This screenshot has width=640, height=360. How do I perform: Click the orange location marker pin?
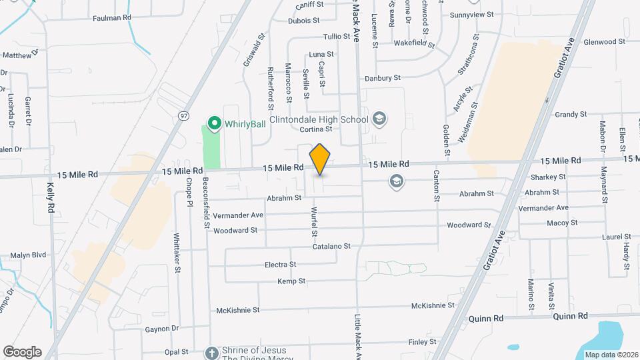320,159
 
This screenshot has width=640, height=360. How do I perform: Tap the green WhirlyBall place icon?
215,123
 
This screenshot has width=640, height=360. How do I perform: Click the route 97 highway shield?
183,115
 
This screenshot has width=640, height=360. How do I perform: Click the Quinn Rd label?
573,317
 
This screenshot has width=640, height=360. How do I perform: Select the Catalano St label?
331,247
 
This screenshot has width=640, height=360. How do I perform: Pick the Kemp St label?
291,281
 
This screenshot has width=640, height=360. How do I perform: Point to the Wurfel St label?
313,223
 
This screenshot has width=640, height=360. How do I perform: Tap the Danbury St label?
382,78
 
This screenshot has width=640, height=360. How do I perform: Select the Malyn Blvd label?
28,255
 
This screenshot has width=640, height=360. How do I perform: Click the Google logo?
22,352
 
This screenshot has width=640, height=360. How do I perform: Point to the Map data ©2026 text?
609,355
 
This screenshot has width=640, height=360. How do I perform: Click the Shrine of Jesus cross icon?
211,353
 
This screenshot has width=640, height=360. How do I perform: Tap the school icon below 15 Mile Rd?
397,181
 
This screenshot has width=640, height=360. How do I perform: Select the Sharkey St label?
548,177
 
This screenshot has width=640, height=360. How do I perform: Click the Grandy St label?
570,115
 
